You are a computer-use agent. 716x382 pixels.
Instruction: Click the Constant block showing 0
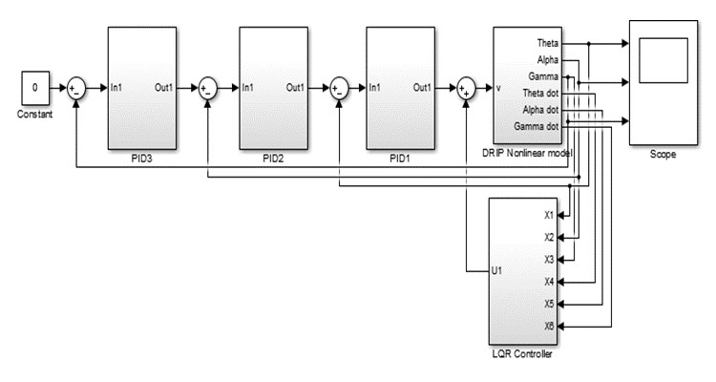click(36, 89)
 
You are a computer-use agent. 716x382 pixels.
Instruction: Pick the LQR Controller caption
click(521, 353)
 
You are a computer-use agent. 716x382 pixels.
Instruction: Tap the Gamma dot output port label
click(538, 124)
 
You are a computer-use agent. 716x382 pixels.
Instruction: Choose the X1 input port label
click(548, 216)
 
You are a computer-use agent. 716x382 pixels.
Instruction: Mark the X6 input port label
click(548, 327)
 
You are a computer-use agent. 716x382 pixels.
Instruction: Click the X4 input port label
click(548, 282)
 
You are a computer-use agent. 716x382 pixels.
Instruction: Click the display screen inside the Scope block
click(663, 62)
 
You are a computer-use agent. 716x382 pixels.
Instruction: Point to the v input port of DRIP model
click(499, 89)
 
